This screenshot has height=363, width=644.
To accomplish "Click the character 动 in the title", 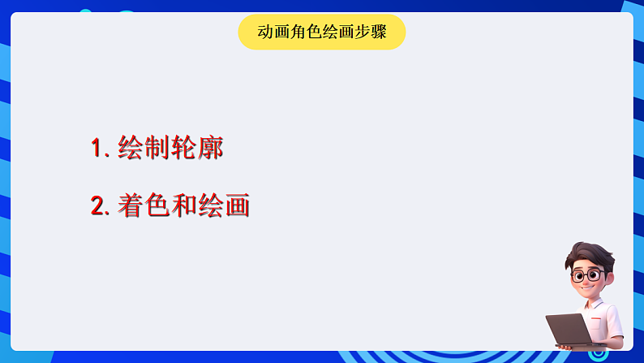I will (x=265, y=32).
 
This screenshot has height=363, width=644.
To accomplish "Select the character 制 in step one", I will (x=157, y=148).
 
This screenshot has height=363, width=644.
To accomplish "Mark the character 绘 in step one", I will (x=131, y=148).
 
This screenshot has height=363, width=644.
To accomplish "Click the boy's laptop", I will (x=569, y=329).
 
